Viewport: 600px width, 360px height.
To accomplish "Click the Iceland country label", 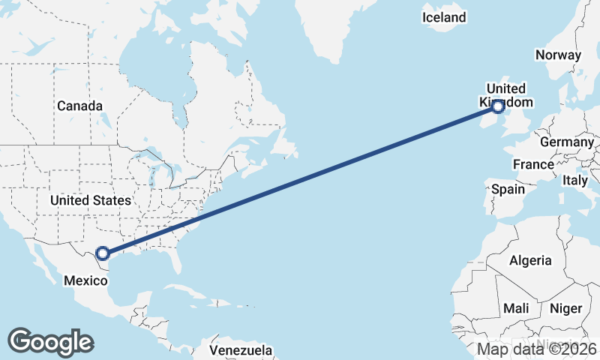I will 444,17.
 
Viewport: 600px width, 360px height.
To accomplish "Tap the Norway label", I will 558,55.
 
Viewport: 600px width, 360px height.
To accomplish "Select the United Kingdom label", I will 506,95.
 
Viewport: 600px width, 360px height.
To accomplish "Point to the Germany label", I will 566,142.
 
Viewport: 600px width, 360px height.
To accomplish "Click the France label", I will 533,164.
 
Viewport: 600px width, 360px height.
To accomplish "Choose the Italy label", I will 575,181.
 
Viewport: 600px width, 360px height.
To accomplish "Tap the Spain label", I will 508,189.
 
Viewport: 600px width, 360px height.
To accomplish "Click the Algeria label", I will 530,261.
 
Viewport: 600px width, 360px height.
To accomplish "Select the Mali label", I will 516,308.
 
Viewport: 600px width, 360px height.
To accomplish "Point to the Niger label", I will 565,308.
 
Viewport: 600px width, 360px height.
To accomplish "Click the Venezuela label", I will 241,350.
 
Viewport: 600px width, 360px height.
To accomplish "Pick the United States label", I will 90,200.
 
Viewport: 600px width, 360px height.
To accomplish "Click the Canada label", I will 79,106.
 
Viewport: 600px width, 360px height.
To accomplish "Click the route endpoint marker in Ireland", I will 496,108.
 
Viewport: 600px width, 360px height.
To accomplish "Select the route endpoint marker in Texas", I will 103,254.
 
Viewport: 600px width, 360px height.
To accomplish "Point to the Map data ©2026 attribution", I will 537,349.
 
